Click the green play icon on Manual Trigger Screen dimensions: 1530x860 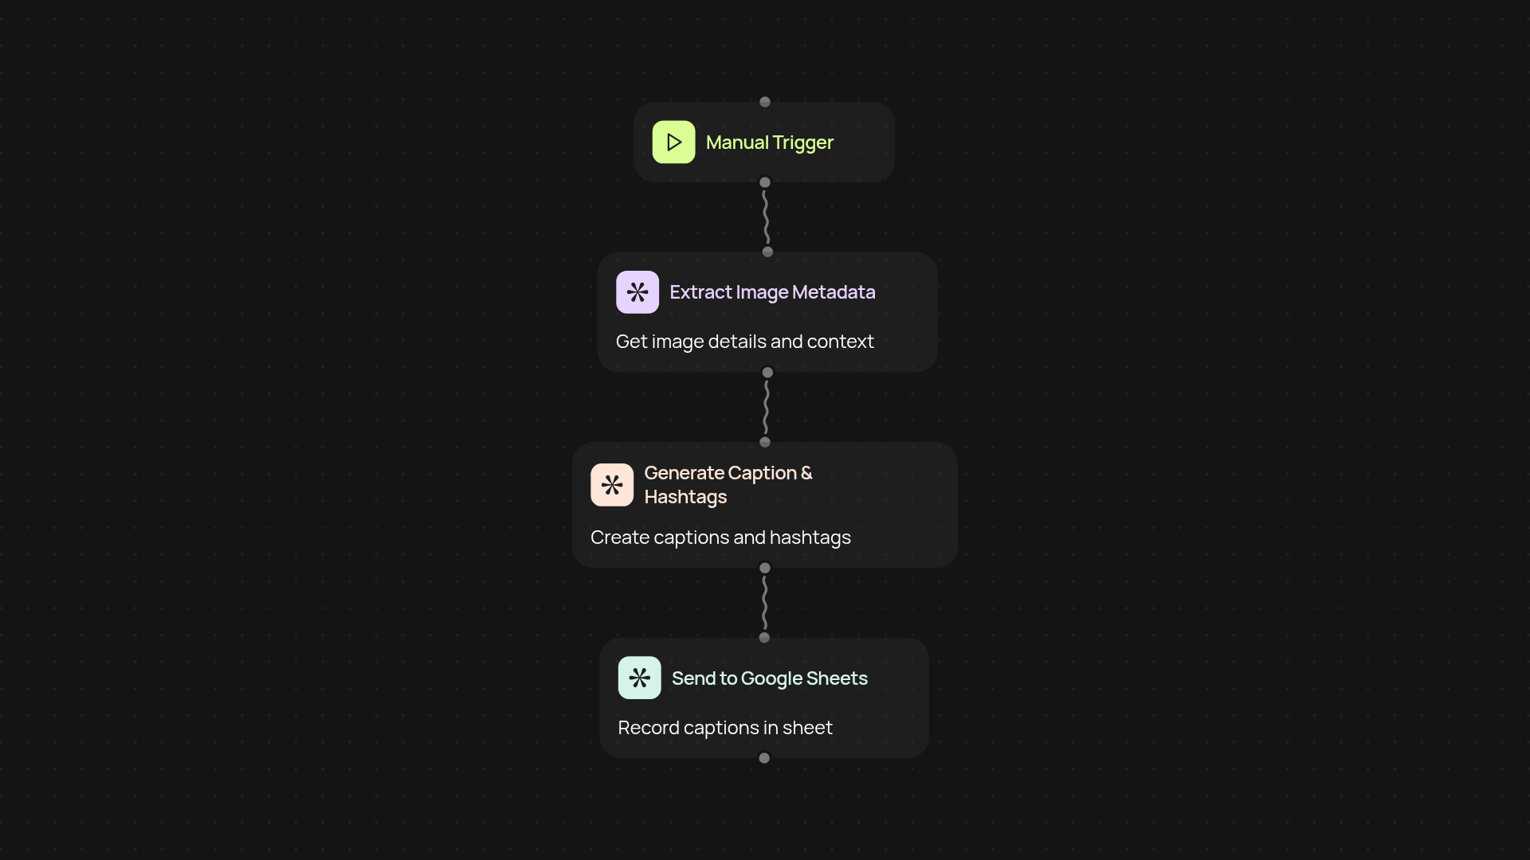(x=673, y=142)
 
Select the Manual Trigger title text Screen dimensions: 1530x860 (x=769, y=143)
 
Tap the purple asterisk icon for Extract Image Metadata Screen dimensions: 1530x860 (x=637, y=292)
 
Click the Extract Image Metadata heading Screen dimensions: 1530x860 (x=772, y=292)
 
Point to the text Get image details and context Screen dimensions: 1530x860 (x=744, y=342)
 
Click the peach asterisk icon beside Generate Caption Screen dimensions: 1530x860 (x=612, y=485)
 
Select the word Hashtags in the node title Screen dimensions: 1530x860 (x=685, y=497)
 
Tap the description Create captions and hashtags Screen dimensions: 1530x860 (x=720, y=537)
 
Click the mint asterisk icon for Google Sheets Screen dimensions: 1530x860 (x=639, y=678)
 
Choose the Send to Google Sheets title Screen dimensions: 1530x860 (x=769, y=678)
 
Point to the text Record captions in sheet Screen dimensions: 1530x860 (x=725, y=728)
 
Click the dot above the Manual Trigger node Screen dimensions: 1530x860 (x=765, y=102)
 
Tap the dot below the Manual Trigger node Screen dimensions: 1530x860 (x=765, y=182)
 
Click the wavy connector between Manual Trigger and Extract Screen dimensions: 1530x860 (x=766, y=217)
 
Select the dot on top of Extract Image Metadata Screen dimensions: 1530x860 (x=767, y=252)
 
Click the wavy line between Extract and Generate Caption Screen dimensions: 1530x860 (x=766, y=407)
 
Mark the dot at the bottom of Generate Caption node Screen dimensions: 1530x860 (x=765, y=568)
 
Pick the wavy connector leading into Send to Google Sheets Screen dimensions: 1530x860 (x=765, y=603)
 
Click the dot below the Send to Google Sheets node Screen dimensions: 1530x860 (x=764, y=758)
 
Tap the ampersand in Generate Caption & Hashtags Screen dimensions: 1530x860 (x=806, y=473)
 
